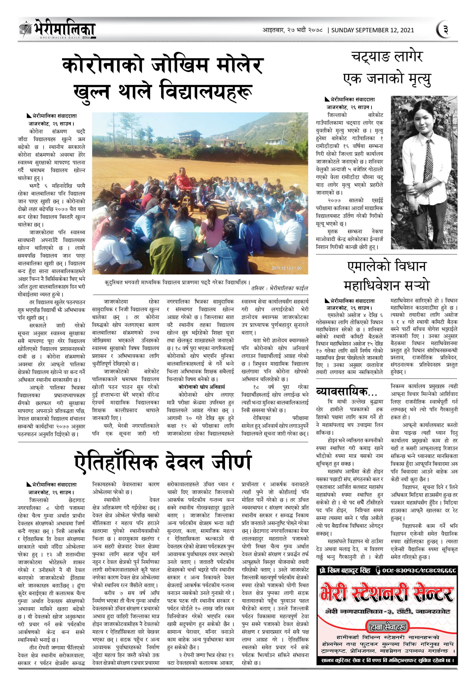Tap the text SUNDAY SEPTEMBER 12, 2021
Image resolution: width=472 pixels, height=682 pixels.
coord(372,30)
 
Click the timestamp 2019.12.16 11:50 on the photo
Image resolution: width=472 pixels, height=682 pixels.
coord(286,268)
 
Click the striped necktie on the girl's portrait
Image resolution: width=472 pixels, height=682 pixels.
coord(429,167)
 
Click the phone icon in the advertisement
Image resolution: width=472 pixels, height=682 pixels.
coord(378,570)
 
